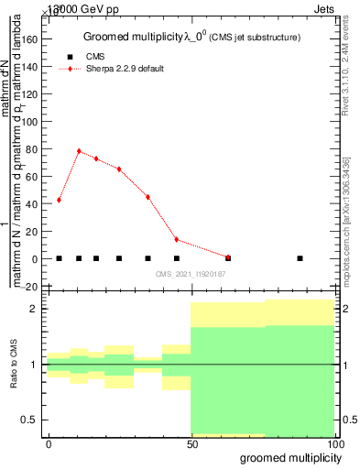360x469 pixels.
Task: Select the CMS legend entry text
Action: tap(95, 57)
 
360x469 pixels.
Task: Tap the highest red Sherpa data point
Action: tap(79, 151)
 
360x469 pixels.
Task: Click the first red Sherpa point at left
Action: tap(59, 200)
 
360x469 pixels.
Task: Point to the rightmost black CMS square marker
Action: tap(300, 258)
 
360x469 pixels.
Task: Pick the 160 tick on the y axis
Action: tap(31, 40)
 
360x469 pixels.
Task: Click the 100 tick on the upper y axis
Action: tap(31, 122)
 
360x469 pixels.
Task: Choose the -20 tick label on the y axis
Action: tap(30, 287)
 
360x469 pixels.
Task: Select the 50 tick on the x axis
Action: tap(191, 443)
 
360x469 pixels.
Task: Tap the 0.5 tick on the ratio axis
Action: tap(31, 420)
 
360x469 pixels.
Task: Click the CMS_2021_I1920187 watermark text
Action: tap(191, 274)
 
